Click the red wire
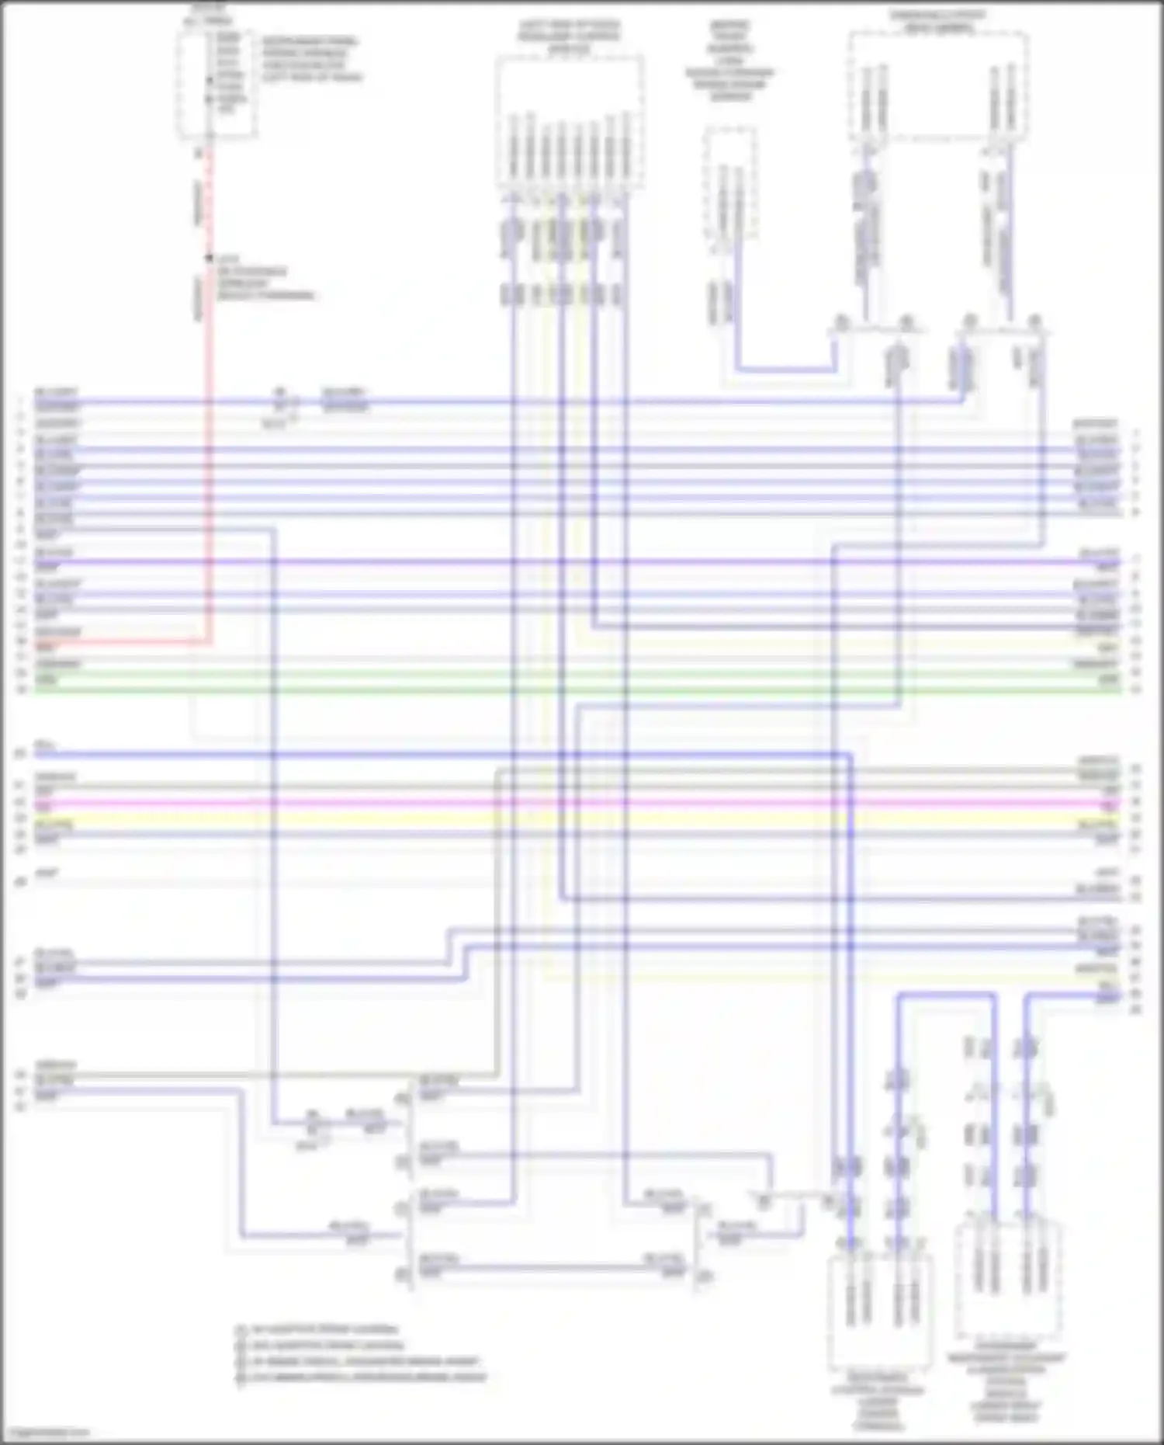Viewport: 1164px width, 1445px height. click(208, 466)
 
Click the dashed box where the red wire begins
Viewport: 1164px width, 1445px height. click(217, 85)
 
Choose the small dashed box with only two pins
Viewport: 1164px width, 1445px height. click(729, 183)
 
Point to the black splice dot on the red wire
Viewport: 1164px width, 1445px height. click(208, 258)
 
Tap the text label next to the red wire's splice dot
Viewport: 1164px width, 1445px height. click(264, 277)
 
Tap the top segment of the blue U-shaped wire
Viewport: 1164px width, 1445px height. click(947, 995)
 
